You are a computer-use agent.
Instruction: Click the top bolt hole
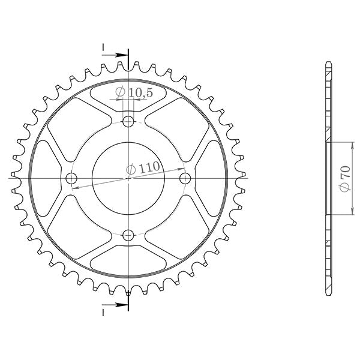[x=128, y=122]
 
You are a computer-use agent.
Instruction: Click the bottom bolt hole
[x=128, y=235]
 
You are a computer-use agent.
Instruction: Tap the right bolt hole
[x=185, y=178]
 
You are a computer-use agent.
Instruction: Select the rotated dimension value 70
[x=344, y=179]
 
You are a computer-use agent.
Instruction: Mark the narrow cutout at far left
[x=45, y=178]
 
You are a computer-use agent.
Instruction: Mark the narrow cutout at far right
[x=212, y=178]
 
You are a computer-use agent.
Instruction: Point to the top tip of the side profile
[x=328, y=62]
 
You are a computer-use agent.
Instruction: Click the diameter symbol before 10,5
[x=119, y=92]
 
